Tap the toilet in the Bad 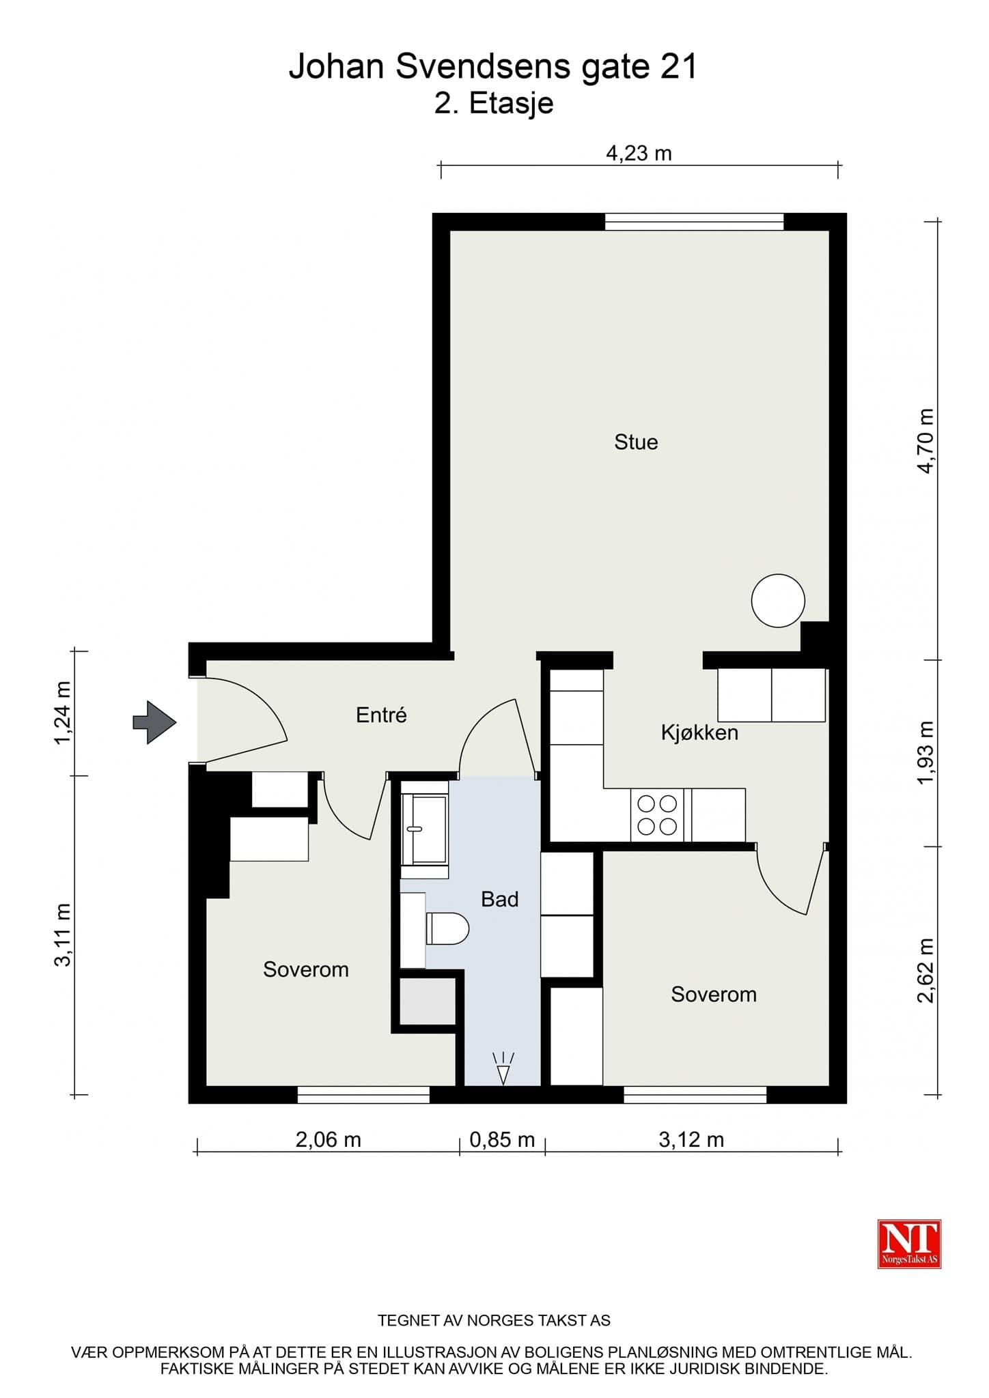(447, 928)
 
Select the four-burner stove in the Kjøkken (657, 815)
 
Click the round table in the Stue (778, 601)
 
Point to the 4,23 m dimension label (639, 153)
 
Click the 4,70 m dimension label (925, 441)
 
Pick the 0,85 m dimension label (502, 1139)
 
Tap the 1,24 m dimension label (63, 713)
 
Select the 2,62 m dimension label (925, 971)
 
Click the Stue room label (636, 442)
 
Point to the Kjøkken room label (699, 732)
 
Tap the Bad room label (500, 899)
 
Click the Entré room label (381, 715)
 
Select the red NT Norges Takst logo (909, 1244)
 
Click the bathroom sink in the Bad (424, 829)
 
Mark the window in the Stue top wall (694, 222)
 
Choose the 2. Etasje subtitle (494, 104)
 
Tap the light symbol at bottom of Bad (503, 1068)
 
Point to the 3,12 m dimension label (691, 1139)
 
